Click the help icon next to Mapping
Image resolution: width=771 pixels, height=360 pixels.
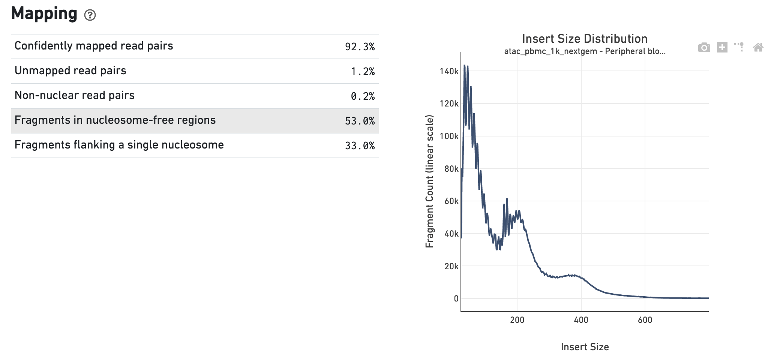click(x=90, y=15)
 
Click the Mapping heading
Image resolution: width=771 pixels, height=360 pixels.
click(x=44, y=13)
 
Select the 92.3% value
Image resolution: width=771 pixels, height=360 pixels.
click(x=360, y=47)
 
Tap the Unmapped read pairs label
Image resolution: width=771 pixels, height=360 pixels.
click(x=70, y=70)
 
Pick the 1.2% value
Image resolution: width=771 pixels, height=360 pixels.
click(x=363, y=72)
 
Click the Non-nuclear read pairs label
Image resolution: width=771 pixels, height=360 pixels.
click(x=75, y=95)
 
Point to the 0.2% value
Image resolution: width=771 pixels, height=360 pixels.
click(x=363, y=96)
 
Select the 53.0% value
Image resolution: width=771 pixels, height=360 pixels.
click(x=360, y=121)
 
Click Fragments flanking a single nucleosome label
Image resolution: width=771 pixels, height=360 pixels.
click(x=119, y=145)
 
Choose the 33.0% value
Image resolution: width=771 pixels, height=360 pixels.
click(x=360, y=146)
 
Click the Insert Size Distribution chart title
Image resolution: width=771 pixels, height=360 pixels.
click(x=585, y=39)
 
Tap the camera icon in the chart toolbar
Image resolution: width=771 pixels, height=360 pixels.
click(x=704, y=48)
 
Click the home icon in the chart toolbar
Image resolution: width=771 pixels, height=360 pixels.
click(x=758, y=48)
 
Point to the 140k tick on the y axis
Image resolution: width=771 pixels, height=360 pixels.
click(x=449, y=71)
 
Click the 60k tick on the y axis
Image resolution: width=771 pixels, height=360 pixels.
click(x=451, y=201)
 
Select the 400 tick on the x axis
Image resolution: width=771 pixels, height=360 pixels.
click(x=581, y=320)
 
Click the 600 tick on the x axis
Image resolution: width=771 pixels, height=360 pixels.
click(x=645, y=320)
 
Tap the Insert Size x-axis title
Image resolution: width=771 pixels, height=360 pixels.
click(x=585, y=347)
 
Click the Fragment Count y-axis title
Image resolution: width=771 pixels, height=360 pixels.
click(x=429, y=181)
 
